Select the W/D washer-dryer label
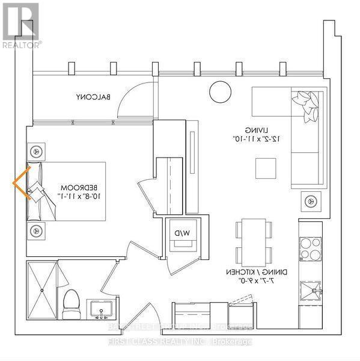[182, 232]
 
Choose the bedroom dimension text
[77, 196]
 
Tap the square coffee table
[265, 168]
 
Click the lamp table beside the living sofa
[311, 200]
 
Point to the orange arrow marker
[23, 184]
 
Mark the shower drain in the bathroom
[41, 290]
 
